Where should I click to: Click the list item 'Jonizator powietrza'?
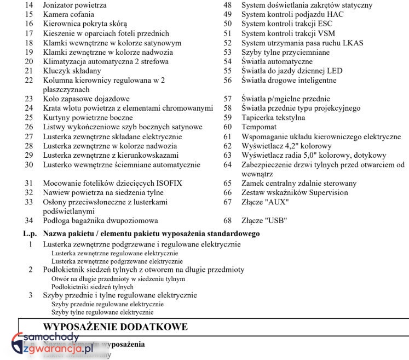(x=74, y=5)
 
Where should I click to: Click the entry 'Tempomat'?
(x=258, y=127)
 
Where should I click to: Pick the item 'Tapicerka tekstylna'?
(x=273, y=117)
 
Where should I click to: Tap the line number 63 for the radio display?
(x=228, y=155)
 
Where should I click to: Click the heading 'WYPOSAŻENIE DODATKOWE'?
(x=115, y=327)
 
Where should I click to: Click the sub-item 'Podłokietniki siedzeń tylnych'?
(x=92, y=287)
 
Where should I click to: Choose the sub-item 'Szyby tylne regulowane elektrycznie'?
(x=102, y=312)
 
